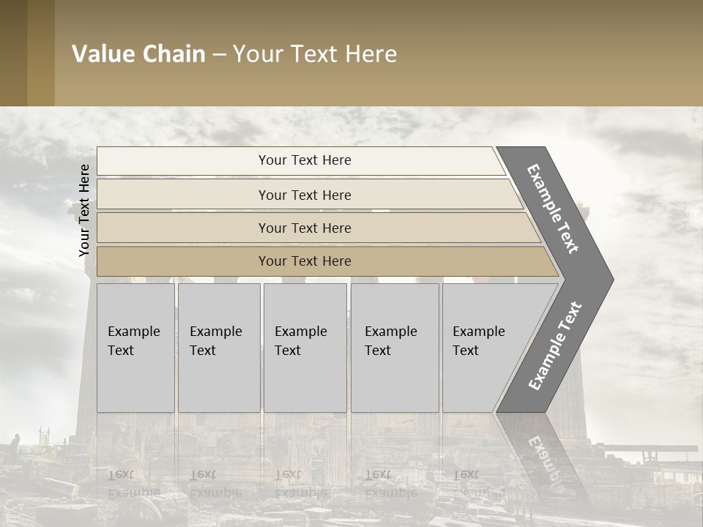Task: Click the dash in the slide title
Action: click(x=219, y=55)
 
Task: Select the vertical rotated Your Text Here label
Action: click(x=84, y=210)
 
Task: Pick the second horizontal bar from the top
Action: click(x=304, y=195)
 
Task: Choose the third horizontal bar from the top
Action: click(x=304, y=228)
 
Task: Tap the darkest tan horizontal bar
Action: click(x=304, y=261)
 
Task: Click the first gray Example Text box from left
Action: click(x=135, y=348)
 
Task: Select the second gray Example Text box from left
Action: click(x=219, y=348)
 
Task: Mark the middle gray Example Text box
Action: click(x=305, y=348)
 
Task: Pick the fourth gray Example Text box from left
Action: click(x=395, y=348)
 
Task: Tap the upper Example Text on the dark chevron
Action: click(x=553, y=209)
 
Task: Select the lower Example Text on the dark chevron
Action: click(x=554, y=346)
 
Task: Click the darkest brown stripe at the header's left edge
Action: click(x=13, y=53)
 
